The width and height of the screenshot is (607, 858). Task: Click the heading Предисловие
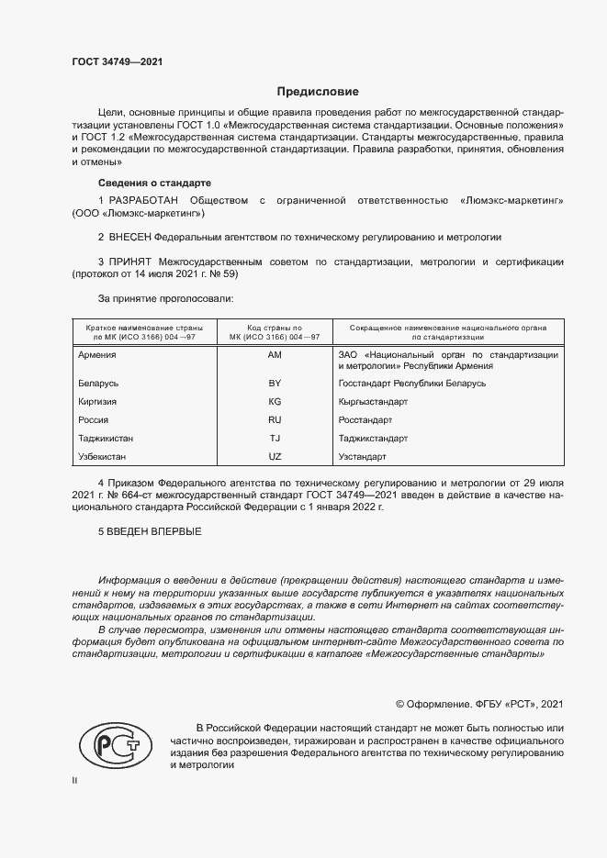319,92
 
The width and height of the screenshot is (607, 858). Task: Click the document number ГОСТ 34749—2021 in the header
118,61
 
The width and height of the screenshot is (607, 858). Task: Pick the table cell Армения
98,354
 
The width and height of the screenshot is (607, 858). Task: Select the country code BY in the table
274,383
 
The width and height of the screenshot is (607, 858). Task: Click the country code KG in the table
274,401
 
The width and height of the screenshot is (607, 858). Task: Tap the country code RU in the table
274,419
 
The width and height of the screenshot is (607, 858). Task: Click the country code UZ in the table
274,456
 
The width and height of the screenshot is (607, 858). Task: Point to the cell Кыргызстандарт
373,401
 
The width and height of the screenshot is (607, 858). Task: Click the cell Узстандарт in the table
363,456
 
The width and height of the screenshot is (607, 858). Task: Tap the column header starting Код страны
275,331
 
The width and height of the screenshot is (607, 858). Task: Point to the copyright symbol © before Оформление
399,704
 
